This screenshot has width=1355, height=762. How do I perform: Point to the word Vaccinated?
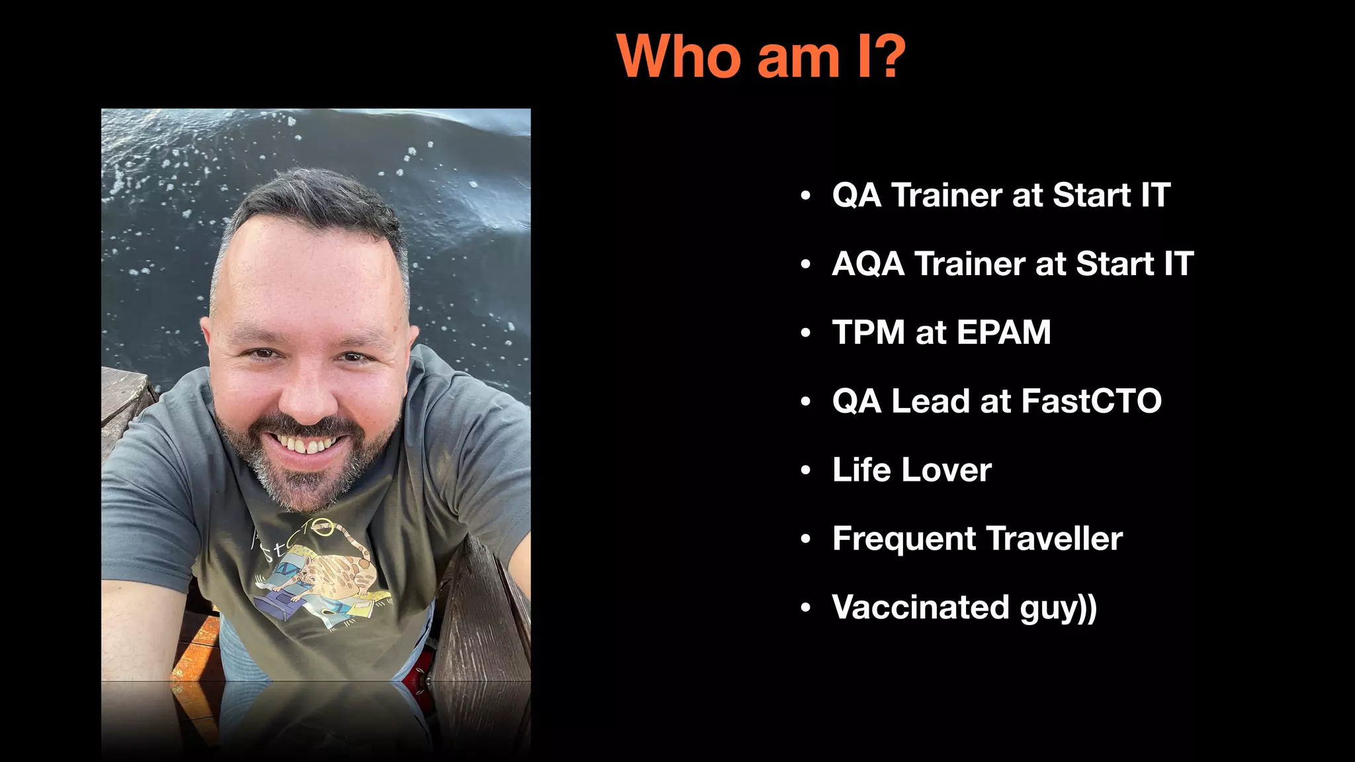(920, 607)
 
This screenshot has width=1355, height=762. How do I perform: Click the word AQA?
(867, 264)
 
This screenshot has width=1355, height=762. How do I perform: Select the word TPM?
(867, 332)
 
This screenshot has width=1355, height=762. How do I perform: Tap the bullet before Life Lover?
(805, 470)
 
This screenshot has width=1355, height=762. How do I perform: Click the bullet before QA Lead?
(805, 402)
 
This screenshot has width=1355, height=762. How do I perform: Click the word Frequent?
(903, 538)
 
